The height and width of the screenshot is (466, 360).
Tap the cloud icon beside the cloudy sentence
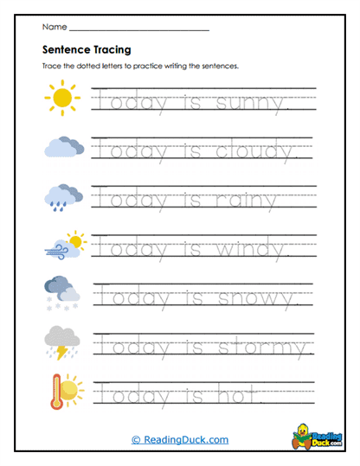[x=63, y=149]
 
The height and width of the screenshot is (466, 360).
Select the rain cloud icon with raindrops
[x=63, y=198]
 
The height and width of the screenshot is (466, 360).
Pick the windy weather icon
[x=63, y=246]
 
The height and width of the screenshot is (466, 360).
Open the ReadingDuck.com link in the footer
[x=180, y=440]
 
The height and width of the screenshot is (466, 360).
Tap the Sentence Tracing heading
[x=87, y=49]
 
